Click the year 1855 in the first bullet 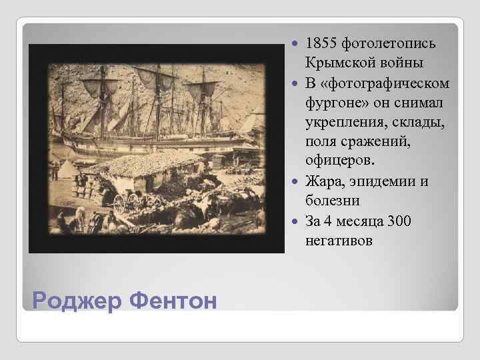[321, 44]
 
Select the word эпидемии [382, 181]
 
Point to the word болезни [331, 201]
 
